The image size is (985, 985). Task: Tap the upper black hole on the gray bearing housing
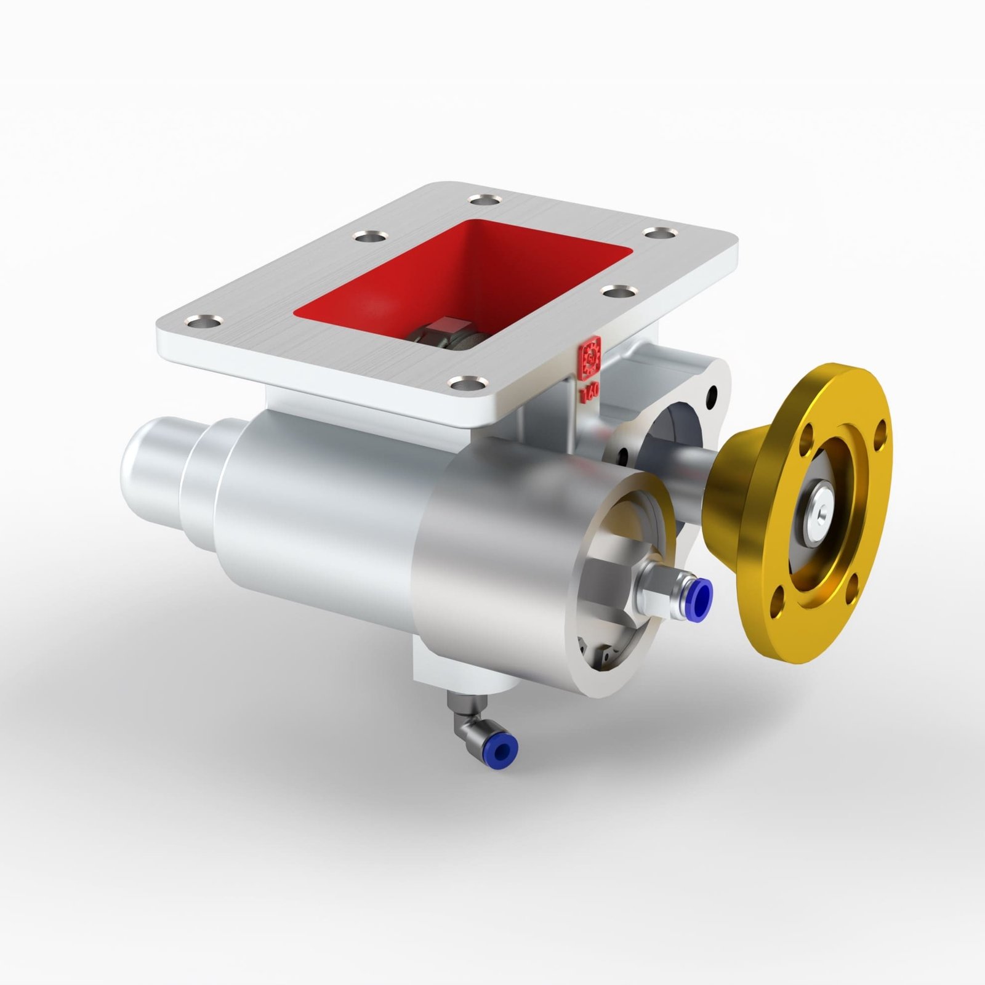click(712, 391)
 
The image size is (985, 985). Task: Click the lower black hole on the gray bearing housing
click(623, 456)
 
